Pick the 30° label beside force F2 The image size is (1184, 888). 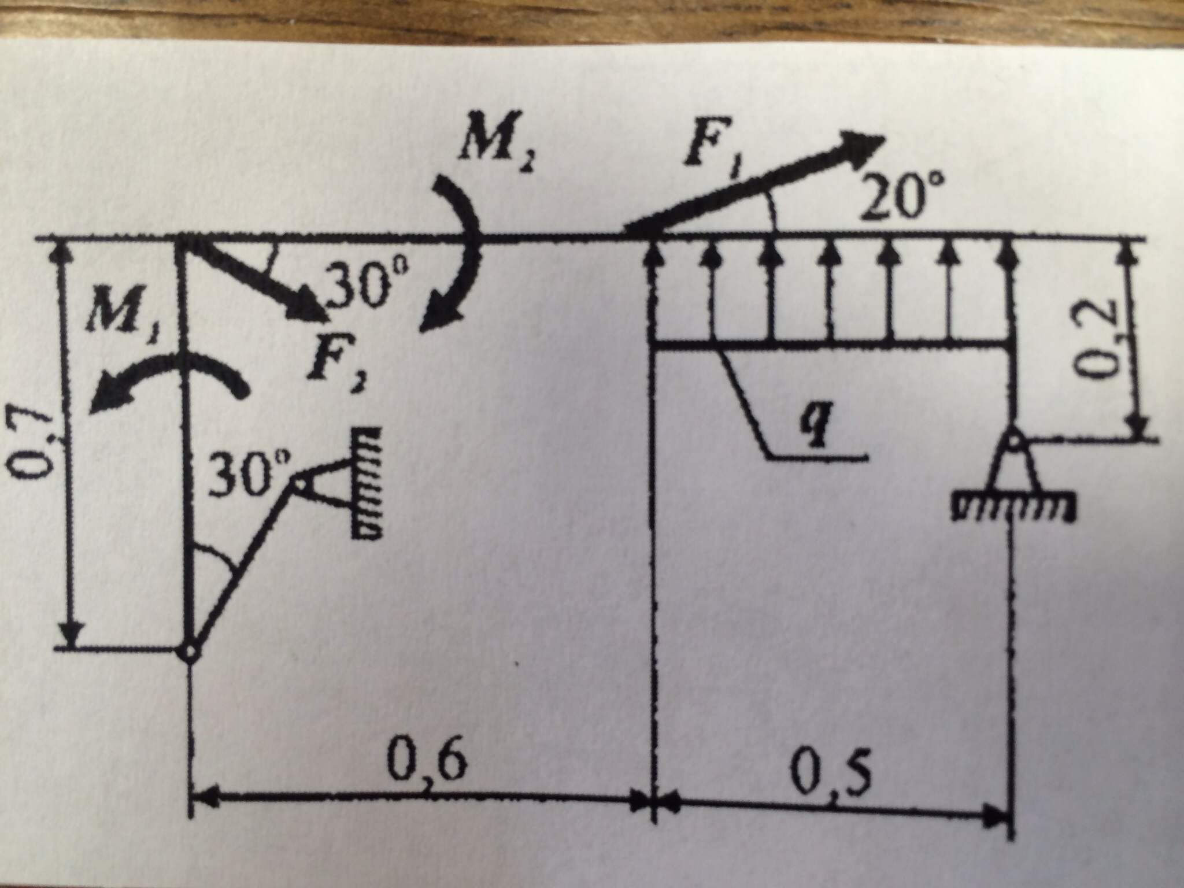(361, 286)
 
